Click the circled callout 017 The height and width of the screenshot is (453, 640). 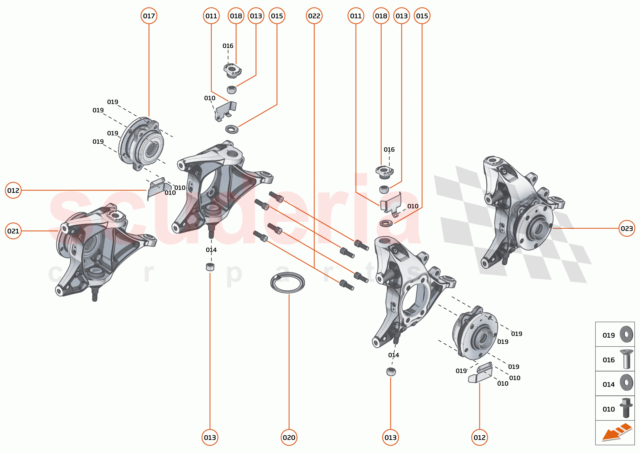click(149, 16)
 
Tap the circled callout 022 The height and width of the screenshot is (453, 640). click(314, 16)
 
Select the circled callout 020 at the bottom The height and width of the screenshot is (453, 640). click(289, 437)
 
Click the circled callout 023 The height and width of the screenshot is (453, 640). click(627, 228)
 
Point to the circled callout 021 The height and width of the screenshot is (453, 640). click(13, 231)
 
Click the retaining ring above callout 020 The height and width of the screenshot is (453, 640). click(287, 282)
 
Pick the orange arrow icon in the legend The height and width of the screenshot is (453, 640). click(616, 432)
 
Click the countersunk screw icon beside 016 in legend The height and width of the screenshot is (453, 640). click(626, 359)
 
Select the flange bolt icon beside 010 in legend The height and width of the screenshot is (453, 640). click(626, 408)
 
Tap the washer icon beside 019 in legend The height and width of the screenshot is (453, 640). click(626, 334)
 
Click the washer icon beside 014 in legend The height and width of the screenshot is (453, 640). click(626, 383)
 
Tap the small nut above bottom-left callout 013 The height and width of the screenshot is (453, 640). click(210, 267)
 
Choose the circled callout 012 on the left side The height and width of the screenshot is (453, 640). click(13, 190)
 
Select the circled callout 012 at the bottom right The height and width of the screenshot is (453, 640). click(479, 437)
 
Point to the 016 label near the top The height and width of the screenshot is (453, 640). click(228, 46)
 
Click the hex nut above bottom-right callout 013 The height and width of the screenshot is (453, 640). click(391, 372)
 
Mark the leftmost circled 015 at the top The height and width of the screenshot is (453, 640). click(277, 16)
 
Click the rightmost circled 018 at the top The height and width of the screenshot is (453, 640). click(381, 16)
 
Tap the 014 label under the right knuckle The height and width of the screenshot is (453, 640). click(393, 355)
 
